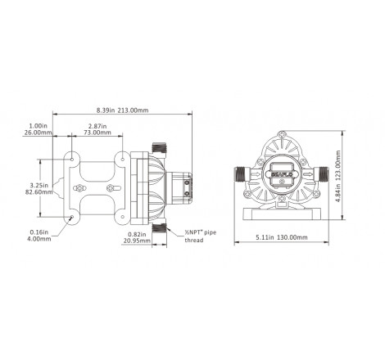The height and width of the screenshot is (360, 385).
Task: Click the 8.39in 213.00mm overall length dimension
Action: click(122, 110)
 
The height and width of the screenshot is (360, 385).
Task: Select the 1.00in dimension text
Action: click(38, 126)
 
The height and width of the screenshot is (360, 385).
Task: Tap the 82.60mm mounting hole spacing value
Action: click(39, 191)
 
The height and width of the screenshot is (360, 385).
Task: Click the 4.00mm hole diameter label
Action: click(39, 239)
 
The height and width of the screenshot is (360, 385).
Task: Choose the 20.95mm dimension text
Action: click(137, 241)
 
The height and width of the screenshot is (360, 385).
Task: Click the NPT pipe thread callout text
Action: click(200, 236)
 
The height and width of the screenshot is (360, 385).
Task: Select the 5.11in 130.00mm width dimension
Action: click(282, 237)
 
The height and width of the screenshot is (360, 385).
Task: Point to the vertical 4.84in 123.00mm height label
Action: click(338, 176)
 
